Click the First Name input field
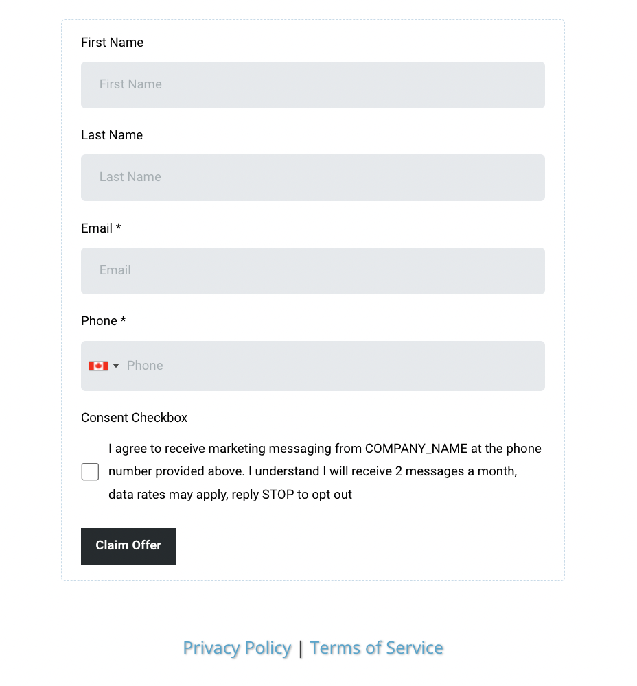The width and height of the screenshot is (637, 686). (x=312, y=85)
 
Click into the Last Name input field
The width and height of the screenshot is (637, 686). (x=312, y=178)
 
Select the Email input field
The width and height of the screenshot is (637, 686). (x=312, y=271)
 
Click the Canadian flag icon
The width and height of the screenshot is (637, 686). (x=98, y=366)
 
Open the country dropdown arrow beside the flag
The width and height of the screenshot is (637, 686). (x=116, y=366)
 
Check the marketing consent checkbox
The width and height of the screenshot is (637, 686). (x=90, y=472)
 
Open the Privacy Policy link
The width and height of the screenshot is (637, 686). (x=237, y=648)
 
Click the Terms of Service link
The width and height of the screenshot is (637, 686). (x=376, y=648)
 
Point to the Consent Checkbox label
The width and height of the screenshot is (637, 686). (x=134, y=418)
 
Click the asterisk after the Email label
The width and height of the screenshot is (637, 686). (x=119, y=228)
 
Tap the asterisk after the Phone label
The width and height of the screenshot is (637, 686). (x=124, y=320)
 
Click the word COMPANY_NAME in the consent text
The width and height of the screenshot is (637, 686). (x=416, y=449)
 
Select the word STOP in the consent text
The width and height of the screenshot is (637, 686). (x=278, y=495)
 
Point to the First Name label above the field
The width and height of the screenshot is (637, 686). (x=112, y=43)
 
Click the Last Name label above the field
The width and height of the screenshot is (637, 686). (x=112, y=135)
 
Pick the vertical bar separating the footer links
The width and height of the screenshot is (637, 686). (x=301, y=648)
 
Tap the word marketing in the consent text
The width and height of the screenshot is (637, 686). (x=237, y=449)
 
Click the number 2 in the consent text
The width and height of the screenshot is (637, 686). (x=399, y=471)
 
